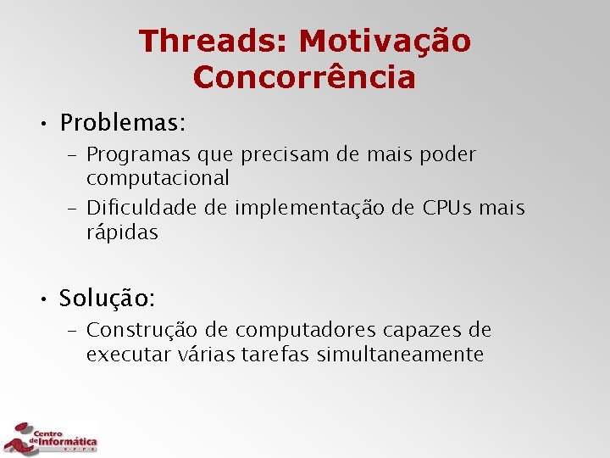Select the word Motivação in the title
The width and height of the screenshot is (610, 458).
(385, 41)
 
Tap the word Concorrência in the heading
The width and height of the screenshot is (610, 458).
(304, 77)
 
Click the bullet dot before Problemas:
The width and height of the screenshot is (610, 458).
(42, 124)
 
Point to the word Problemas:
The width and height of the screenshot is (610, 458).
(122, 123)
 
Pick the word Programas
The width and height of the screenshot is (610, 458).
(138, 155)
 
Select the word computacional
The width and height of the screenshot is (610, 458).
(158, 179)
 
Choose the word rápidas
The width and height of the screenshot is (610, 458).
(122, 233)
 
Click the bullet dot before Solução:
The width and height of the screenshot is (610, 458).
(42, 299)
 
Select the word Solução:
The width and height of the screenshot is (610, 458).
(107, 299)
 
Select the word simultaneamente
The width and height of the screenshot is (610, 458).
(400, 355)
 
